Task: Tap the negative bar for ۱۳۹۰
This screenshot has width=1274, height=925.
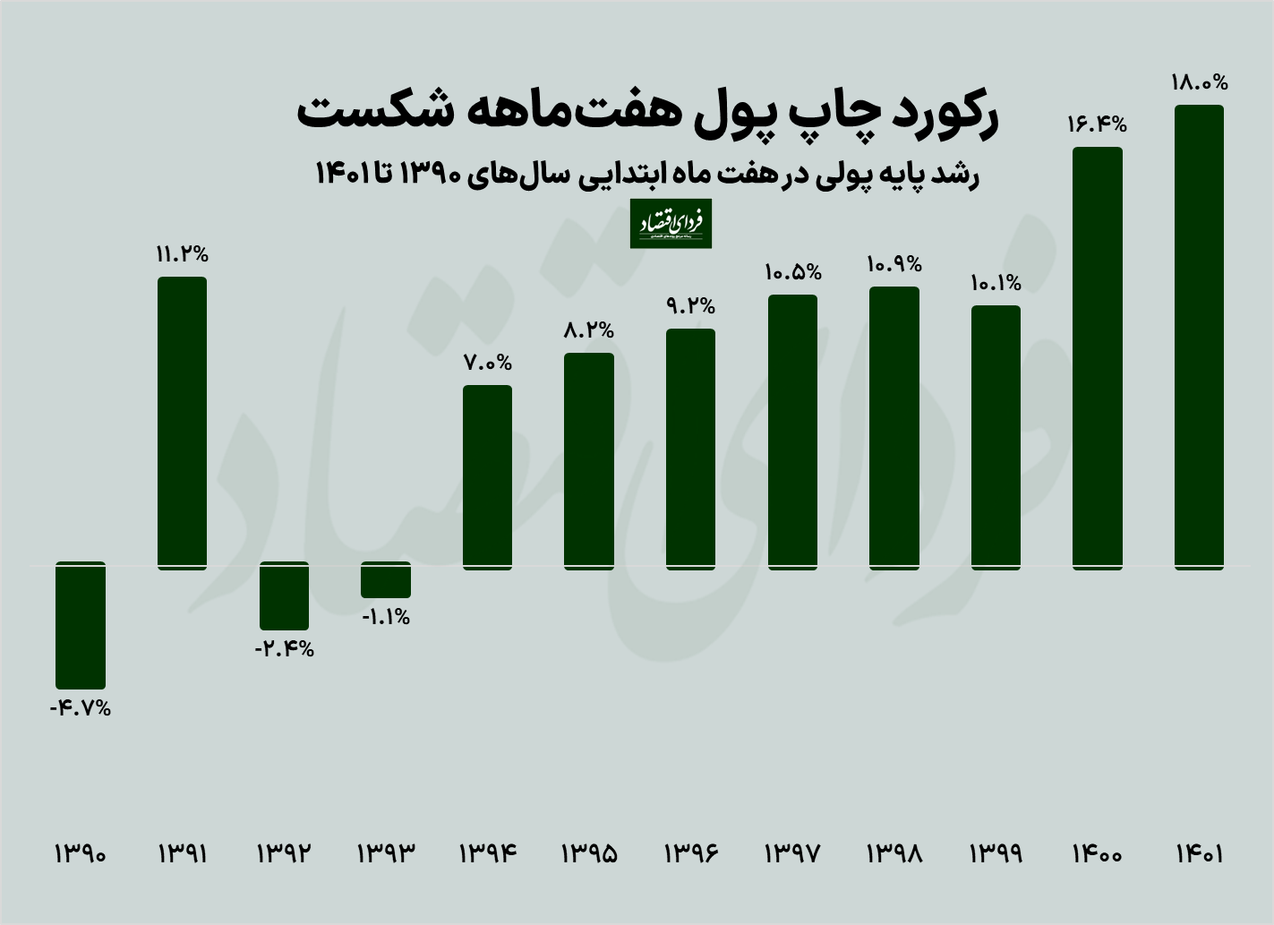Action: [81, 625]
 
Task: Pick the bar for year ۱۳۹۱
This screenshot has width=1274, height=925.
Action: [182, 422]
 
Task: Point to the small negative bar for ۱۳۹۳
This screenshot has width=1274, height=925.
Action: [386, 580]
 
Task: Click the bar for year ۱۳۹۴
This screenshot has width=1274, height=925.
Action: [487, 476]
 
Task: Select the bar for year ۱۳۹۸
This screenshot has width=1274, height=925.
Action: [894, 427]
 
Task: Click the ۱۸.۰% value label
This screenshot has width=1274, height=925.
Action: [1199, 82]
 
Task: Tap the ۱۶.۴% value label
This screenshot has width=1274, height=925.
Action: [1097, 124]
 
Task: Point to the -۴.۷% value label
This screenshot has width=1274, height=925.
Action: [81, 708]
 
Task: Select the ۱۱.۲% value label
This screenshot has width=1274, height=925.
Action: [182, 254]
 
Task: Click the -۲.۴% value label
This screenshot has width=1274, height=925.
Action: [284, 649]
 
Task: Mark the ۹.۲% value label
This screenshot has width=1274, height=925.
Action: [690, 306]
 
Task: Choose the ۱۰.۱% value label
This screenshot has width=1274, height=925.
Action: [996, 283]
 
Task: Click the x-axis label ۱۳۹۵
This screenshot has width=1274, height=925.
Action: [589, 853]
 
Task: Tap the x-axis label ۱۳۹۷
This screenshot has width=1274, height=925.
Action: [792, 853]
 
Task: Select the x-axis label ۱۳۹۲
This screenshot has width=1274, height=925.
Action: [284, 853]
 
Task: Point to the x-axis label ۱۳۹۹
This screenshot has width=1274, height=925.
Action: [996, 853]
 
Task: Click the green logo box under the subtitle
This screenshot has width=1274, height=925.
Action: [671, 224]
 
